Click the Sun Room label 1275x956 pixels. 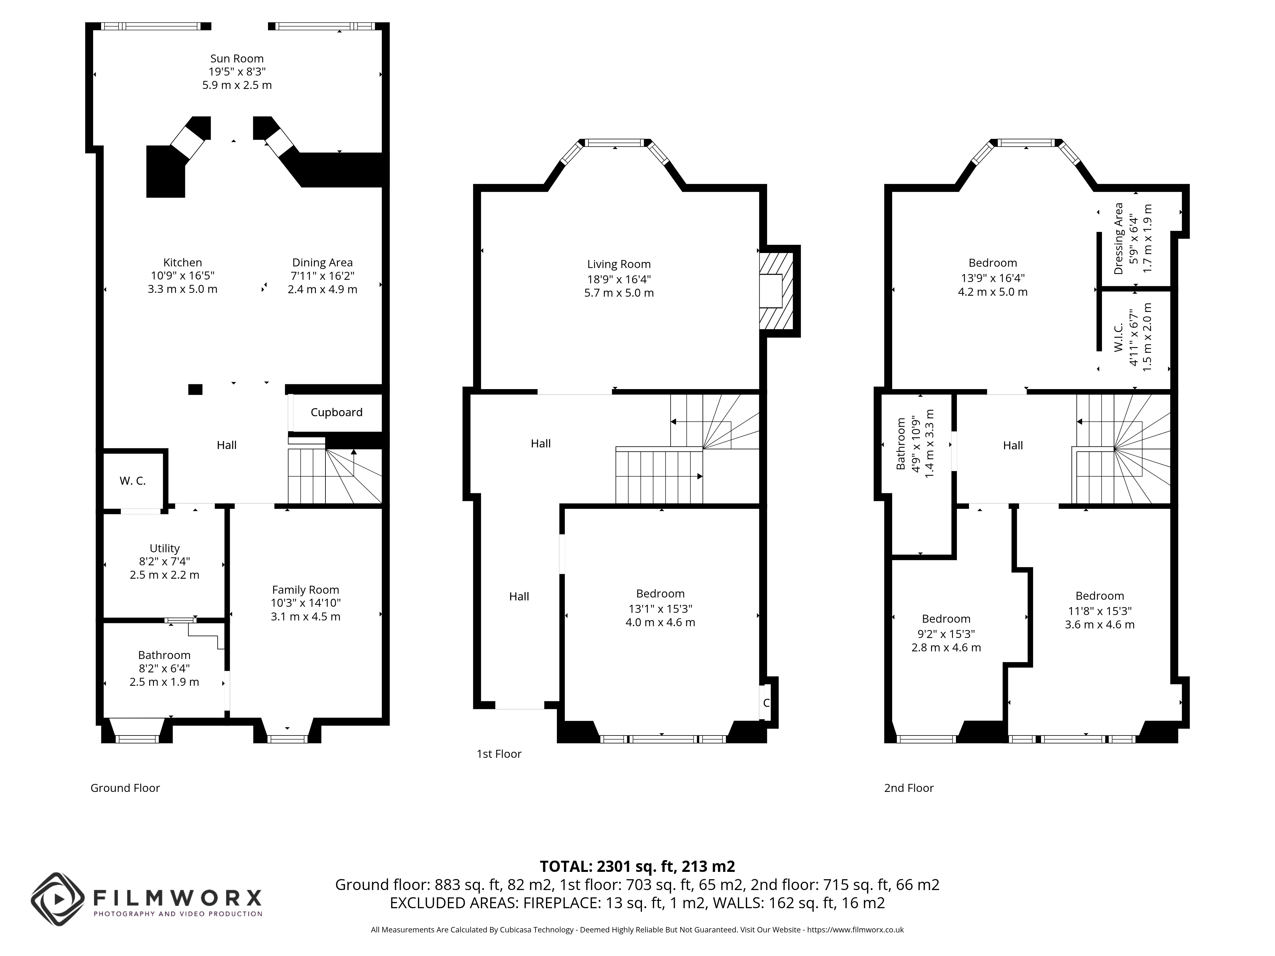point(237,58)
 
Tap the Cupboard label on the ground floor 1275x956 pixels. point(337,412)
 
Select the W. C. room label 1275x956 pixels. point(133,481)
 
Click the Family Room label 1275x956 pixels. point(305,590)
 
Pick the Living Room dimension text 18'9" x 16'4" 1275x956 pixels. point(619,279)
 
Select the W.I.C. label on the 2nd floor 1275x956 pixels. point(1119,337)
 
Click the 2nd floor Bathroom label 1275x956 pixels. point(901,444)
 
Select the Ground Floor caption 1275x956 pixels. point(125,788)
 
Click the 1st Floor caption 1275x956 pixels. point(499,754)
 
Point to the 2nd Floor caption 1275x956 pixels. point(909,788)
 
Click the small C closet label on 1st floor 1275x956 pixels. point(766,703)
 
